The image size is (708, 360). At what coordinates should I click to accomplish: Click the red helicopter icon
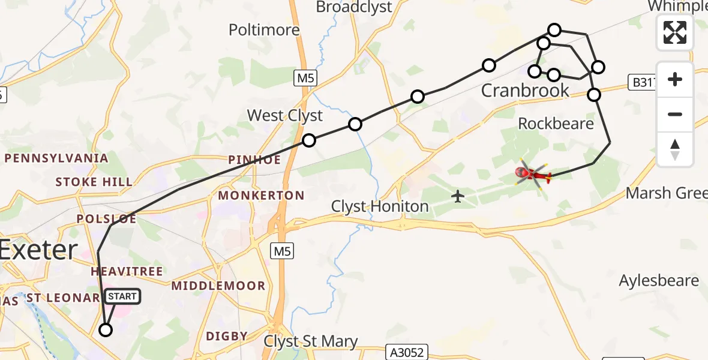click(533, 175)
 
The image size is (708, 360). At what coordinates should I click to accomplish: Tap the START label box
click(122, 296)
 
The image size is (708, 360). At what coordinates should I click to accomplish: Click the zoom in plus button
click(675, 79)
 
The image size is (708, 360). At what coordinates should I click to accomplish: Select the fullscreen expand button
click(675, 32)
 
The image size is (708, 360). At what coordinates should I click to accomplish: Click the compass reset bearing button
click(675, 149)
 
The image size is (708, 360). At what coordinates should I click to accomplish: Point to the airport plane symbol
click(458, 196)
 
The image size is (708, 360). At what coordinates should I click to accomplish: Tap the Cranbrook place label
click(526, 91)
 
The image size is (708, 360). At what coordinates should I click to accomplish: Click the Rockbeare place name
click(556, 124)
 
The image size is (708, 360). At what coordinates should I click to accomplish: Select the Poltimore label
click(264, 30)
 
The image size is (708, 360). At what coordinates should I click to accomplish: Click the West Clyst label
click(285, 115)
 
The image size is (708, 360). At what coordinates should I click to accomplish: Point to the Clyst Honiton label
click(380, 207)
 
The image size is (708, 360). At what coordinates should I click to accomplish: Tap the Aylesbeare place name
click(659, 281)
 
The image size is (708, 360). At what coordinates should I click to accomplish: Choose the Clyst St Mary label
click(311, 342)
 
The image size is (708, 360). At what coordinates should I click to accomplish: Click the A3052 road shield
click(407, 353)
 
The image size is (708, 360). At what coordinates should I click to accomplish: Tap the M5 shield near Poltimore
click(305, 78)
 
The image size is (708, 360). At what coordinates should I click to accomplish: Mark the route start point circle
click(106, 329)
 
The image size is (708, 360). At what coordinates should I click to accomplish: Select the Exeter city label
click(38, 250)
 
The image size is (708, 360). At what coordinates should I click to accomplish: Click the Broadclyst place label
click(353, 7)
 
